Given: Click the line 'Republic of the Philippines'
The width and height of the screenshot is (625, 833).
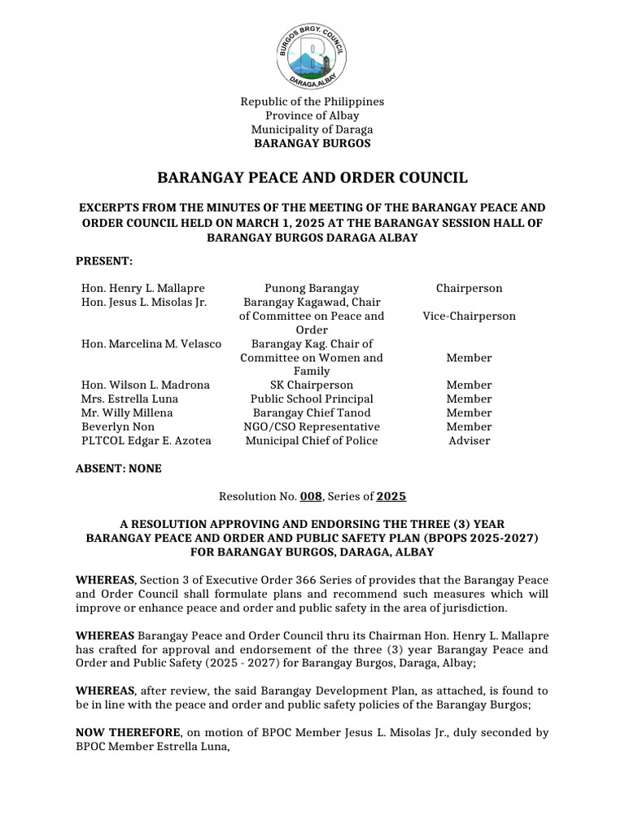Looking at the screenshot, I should pos(312,102).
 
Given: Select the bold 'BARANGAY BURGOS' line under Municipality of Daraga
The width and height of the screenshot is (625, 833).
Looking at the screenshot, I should pos(312,143).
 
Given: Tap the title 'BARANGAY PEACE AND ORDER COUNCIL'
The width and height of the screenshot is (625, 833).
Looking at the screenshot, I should pos(312,177).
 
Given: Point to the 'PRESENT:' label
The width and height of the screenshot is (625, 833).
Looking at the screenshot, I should pos(103,260).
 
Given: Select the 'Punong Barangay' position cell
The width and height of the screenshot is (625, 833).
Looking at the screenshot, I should pos(312,289).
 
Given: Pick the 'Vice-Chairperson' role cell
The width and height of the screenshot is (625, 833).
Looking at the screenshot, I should pos(469,316).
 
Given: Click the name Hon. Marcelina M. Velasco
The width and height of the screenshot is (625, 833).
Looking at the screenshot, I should pos(151,344).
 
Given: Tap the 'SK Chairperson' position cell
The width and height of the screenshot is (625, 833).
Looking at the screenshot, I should pos(312,385).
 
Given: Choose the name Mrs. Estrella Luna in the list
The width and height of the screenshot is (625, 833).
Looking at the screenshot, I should pos(129,399).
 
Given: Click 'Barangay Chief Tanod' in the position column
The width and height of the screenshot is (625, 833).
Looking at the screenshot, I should pos(312,413).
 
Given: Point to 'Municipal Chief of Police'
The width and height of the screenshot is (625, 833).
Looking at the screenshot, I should pos(312,441).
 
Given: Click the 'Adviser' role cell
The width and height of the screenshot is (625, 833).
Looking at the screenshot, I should pos(469,441).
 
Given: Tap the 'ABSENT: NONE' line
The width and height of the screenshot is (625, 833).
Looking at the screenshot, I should pos(119,469).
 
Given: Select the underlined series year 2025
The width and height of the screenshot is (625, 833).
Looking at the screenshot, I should pos(391,496).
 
